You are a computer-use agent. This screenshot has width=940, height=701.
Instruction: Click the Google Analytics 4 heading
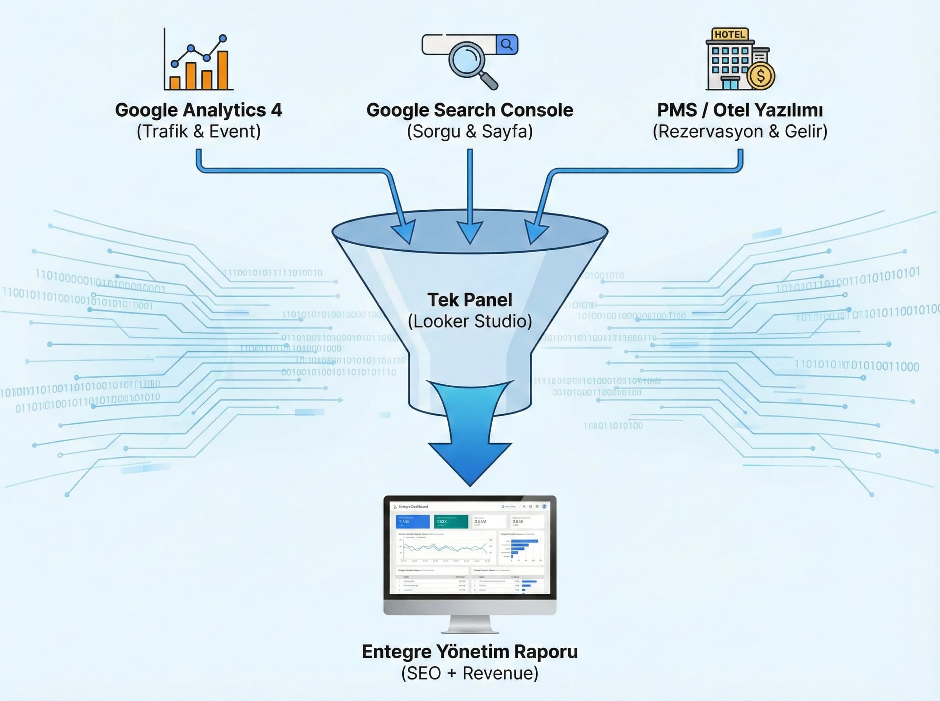[198, 110]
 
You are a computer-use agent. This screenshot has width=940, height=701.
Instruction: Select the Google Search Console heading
[470, 110]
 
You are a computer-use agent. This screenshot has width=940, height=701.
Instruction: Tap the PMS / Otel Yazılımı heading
[740, 110]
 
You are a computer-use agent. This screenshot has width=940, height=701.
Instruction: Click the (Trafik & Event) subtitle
[198, 131]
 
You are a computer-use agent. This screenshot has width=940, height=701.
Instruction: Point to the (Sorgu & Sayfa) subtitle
[470, 131]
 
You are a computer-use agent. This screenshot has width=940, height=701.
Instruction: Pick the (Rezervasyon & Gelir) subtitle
[740, 131]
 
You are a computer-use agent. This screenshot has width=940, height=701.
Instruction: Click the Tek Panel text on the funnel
[470, 300]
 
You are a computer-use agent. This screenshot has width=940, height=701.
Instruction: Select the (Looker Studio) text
[470, 321]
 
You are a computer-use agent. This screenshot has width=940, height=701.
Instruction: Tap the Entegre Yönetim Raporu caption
[470, 652]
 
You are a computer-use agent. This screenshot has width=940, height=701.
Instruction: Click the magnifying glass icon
[467, 60]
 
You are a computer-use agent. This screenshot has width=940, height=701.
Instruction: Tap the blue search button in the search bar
[507, 44]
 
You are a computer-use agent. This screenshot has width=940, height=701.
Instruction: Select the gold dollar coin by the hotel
[761, 76]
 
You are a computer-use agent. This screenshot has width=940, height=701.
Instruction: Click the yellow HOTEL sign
[730, 34]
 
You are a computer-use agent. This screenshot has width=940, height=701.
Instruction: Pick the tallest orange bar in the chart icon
[223, 70]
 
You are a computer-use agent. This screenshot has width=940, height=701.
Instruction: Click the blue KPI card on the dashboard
[412, 521]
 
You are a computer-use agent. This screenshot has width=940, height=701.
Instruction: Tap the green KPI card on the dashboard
[451, 521]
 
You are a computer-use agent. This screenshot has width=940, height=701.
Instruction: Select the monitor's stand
[470, 624]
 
